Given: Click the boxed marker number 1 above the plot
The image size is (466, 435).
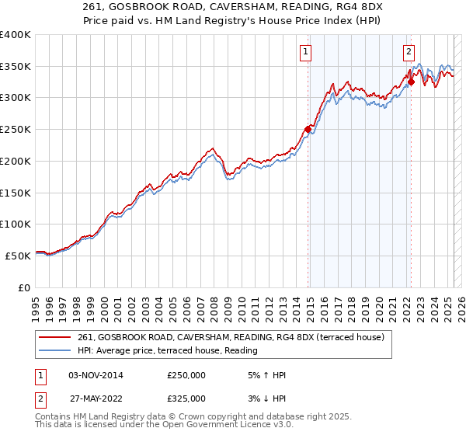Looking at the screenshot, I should [x=306, y=53].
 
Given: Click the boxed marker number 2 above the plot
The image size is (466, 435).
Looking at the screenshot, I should [x=409, y=53].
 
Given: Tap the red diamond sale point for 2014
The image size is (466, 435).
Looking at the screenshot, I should [x=308, y=130].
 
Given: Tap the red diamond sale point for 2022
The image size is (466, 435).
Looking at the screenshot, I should [x=411, y=82].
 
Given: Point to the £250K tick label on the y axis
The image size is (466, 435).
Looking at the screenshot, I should [x=15, y=130].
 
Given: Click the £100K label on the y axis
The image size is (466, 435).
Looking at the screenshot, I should [x=15, y=224].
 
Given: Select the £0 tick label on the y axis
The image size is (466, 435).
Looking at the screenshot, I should [x=23, y=287].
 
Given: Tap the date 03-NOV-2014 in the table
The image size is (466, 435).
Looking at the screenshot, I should [x=96, y=375].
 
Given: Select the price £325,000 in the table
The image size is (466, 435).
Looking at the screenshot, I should [x=186, y=398].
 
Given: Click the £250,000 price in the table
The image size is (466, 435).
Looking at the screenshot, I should [x=186, y=375].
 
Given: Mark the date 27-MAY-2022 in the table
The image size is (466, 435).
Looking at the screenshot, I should [x=96, y=398].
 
